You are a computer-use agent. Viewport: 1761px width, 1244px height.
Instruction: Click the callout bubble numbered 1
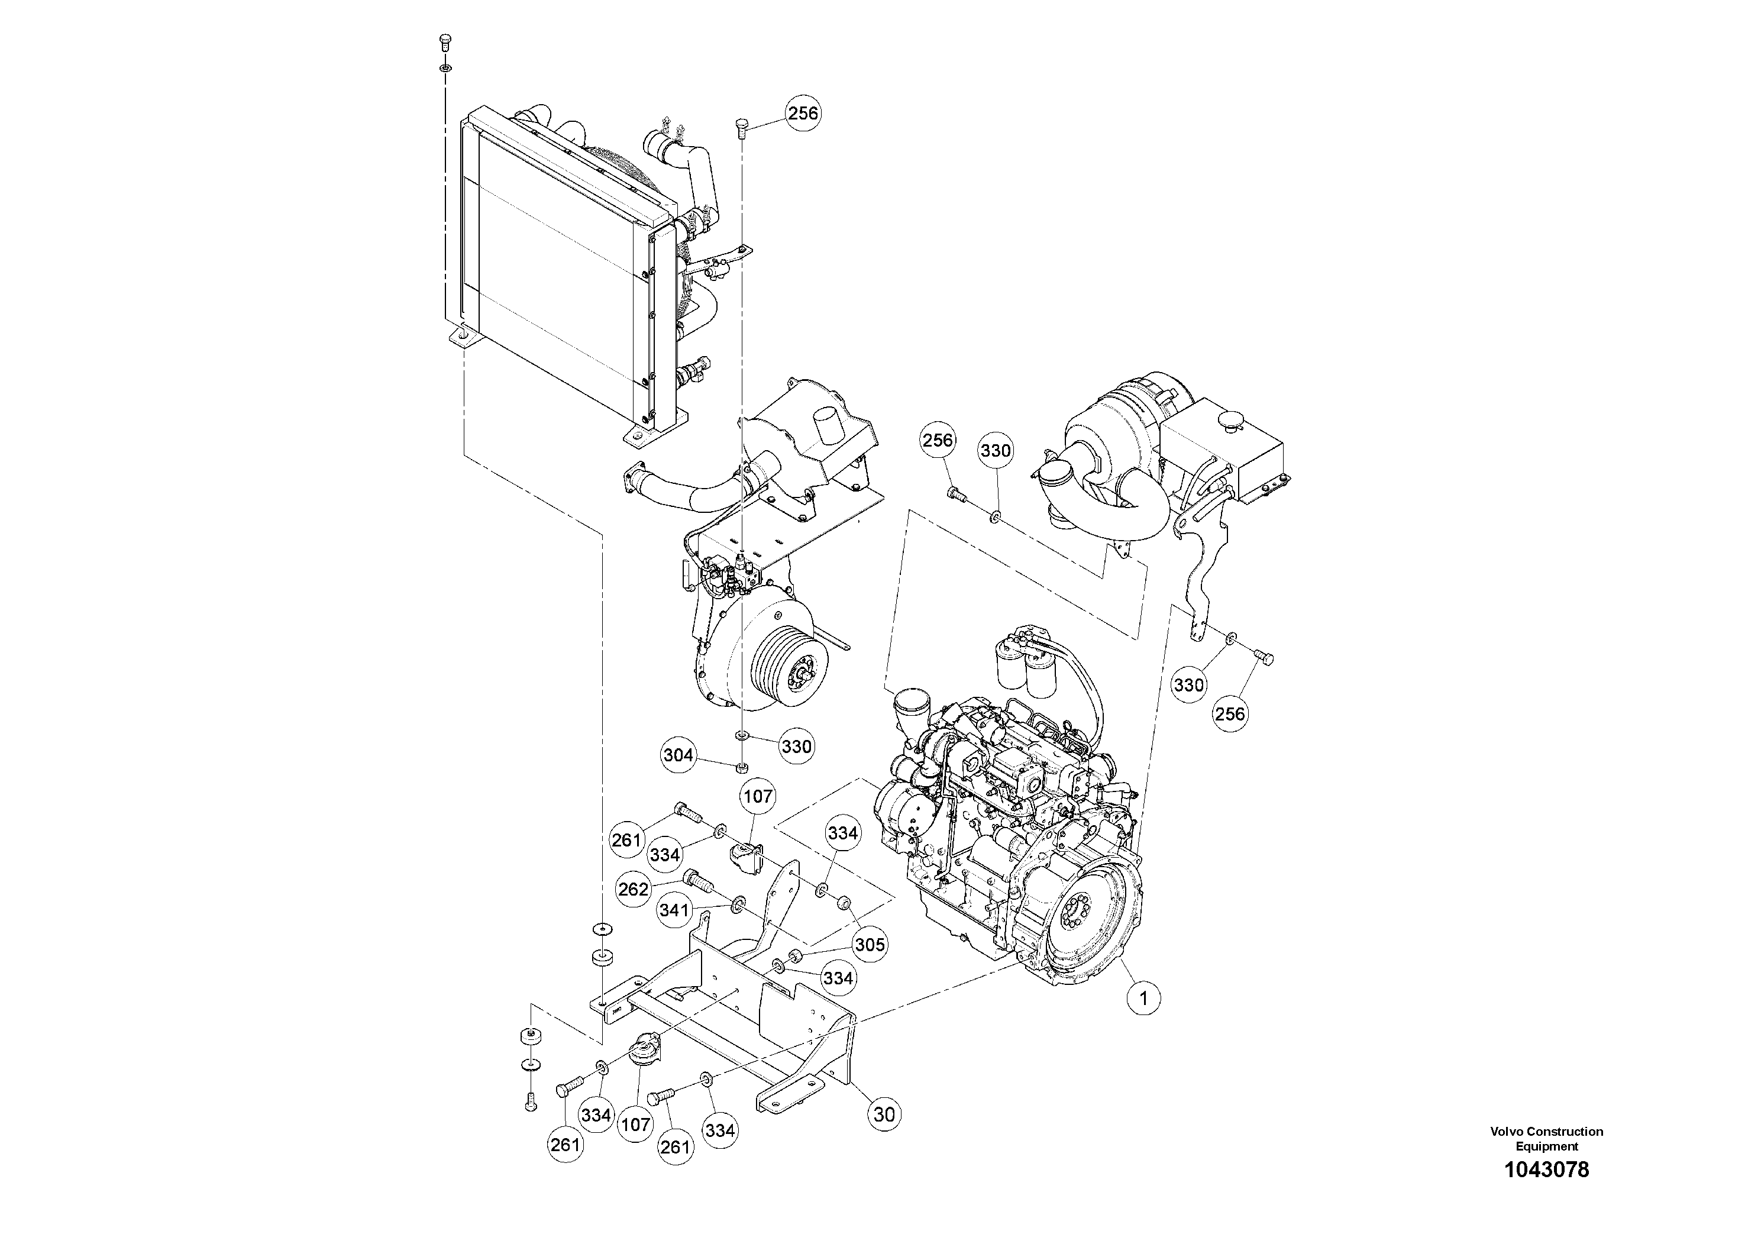(1143, 998)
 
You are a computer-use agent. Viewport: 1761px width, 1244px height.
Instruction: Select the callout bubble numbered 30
(884, 1114)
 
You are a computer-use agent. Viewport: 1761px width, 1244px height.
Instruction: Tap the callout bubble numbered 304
(678, 755)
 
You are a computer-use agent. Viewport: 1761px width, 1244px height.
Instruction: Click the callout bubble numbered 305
(870, 945)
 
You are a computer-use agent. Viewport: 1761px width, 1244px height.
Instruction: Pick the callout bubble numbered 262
(634, 890)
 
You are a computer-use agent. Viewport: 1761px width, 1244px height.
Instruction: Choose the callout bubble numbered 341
(675, 911)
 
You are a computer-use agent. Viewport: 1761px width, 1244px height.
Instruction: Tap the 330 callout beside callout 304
(796, 747)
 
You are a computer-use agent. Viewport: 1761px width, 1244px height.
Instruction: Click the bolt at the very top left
(445, 41)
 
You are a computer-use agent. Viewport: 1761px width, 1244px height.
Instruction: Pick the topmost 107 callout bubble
(758, 796)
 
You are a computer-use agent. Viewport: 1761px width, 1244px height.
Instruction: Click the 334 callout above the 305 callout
(842, 833)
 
